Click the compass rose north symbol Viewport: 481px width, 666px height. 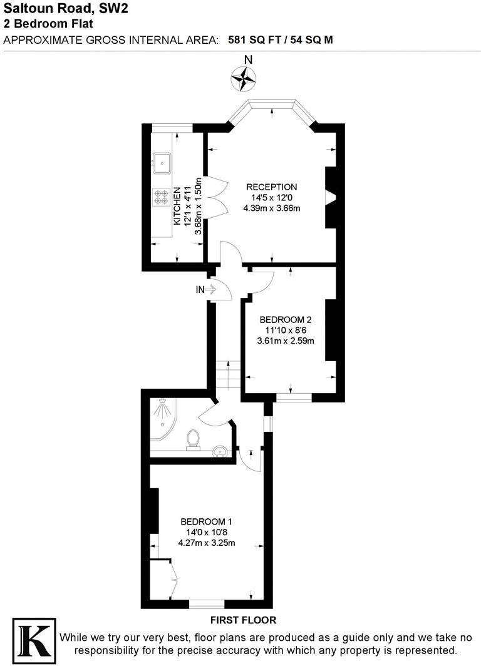click(244, 77)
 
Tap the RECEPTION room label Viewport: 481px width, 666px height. click(271, 187)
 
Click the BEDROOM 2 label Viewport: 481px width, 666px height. click(285, 319)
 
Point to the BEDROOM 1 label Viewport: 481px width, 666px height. click(207, 521)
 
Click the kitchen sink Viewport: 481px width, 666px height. click(162, 163)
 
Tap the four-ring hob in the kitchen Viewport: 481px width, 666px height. click(161, 198)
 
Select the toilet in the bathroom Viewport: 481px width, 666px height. click(194, 439)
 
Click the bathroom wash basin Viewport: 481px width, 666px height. click(220, 449)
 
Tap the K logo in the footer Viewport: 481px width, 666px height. click(34, 640)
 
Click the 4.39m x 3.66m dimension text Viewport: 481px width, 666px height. click(271, 208)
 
